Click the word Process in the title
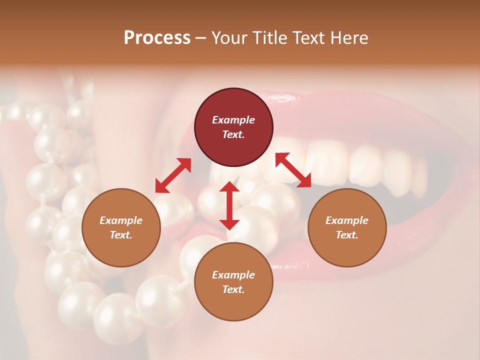[x=157, y=38]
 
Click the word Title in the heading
[x=268, y=38]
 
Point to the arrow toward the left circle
[x=173, y=175]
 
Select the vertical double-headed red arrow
[x=229, y=205]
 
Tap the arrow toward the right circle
[x=293, y=170]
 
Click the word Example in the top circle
[x=233, y=120]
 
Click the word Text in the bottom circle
[x=233, y=289]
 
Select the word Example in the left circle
[x=121, y=220]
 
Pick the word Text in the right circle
[x=347, y=235]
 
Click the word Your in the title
[x=230, y=38]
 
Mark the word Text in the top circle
[x=233, y=134]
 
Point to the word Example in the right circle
[x=347, y=220]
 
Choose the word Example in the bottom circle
[x=233, y=275]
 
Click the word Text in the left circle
[x=121, y=235]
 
